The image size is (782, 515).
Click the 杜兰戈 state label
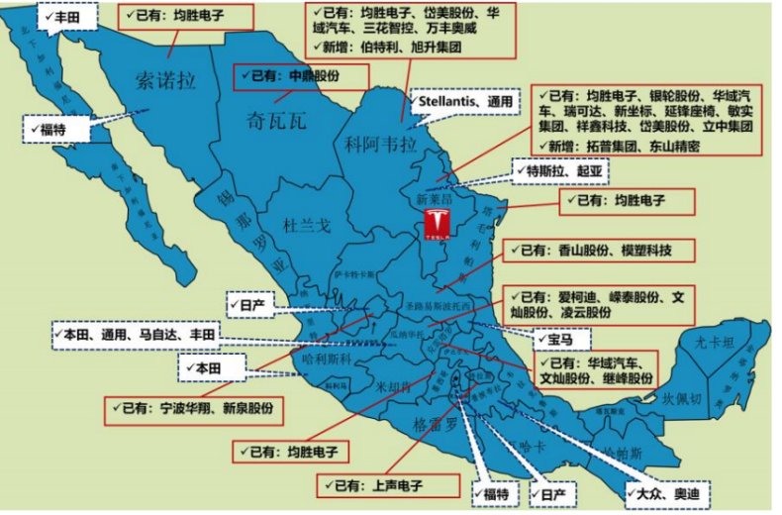[x=306, y=227]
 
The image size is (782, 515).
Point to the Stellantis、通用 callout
[x=465, y=101]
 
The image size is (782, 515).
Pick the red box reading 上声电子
[x=388, y=485]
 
